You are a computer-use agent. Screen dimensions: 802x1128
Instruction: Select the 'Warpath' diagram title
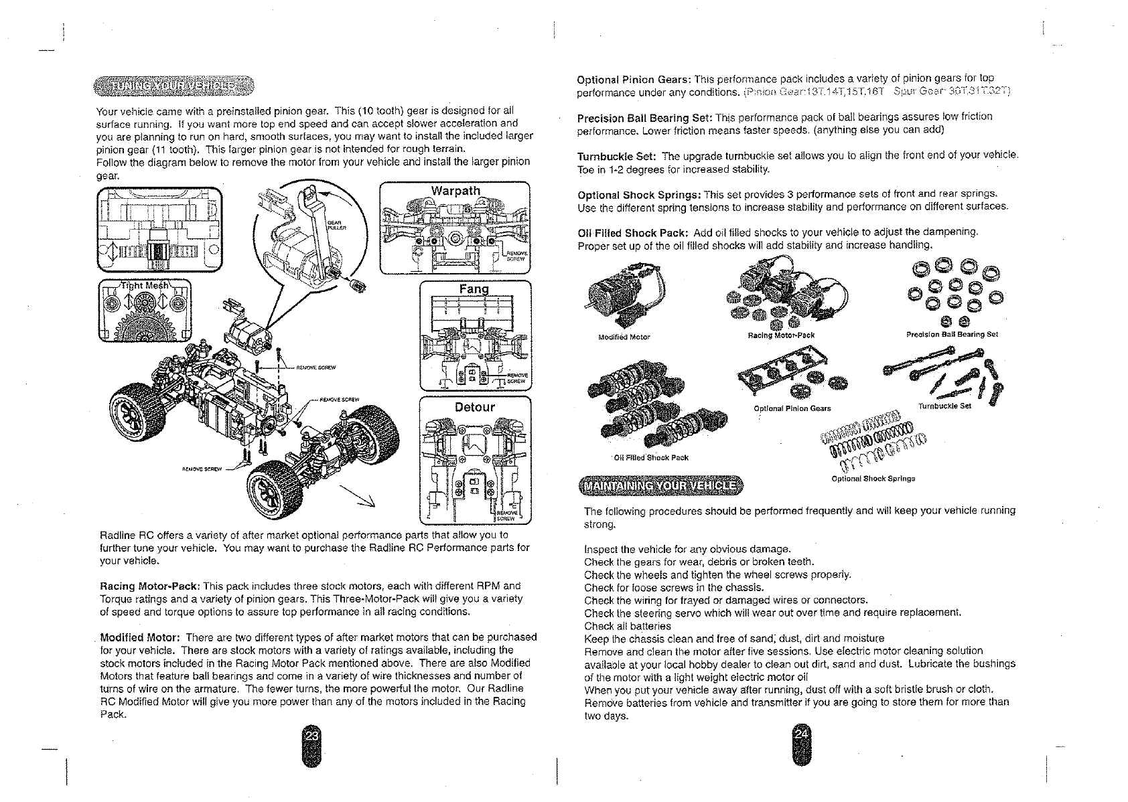tap(455, 191)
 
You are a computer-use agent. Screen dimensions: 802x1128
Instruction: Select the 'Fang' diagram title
tap(475, 289)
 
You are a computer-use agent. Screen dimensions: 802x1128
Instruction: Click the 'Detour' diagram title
tap(474, 407)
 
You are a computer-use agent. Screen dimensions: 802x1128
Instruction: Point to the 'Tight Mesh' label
tap(145, 285)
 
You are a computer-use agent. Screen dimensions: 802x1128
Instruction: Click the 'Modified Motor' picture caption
tap(623, 337)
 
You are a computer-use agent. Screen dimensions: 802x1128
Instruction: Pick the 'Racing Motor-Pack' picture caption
tap(780, 335)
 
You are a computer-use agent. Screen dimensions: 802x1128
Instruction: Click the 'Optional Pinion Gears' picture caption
tap(792, 408)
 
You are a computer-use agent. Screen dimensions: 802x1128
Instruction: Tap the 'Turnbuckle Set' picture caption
tap(944, 406)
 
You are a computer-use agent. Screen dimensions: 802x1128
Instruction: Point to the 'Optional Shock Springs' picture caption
tap(873, 479)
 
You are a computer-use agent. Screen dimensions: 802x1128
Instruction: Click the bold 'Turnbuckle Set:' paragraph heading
tap(616, 156)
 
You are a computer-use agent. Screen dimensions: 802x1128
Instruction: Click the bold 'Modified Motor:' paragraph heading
tap(140, 637)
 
